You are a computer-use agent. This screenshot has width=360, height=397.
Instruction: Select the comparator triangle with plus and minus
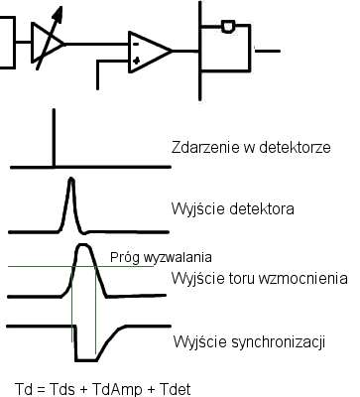point(147,50)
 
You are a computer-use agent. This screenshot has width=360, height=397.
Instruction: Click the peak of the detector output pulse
point(70,181)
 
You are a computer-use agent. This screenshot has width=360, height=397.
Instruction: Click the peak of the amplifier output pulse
point(84,248)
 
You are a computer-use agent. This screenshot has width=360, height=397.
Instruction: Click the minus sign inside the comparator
point(136,43)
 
